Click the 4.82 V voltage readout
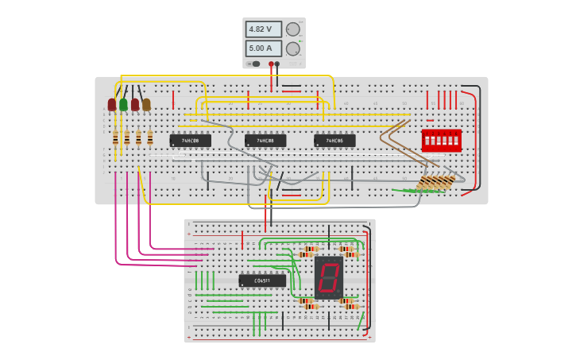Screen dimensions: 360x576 [x=263, y=29]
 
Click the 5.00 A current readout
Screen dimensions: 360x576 [x=263, y=48]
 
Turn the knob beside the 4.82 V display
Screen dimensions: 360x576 [x=293, y=29]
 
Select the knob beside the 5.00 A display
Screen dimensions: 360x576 [x=293, y=48]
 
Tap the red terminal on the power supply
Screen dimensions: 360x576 [x=271, y=64]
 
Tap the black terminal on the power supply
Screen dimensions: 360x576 [x=277, y=64]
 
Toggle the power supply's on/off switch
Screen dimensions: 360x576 [x=255, y=64]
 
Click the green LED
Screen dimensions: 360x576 [x=123, y=104]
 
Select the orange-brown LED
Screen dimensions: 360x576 [x=146, y=104]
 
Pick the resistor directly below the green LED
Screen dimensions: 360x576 [x=126, y=137]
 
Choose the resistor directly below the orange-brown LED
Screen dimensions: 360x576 [x=149, y=137]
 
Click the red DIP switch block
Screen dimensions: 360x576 [x=441, y=141]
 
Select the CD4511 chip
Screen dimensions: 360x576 [x=262, y=281]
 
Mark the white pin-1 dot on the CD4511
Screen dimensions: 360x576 [x=242, y=285]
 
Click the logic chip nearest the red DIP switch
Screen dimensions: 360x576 [x=334, y=141]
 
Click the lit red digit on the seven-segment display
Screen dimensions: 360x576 [x=328, y=277]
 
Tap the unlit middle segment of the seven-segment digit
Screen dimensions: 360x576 [x=328, y=277]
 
